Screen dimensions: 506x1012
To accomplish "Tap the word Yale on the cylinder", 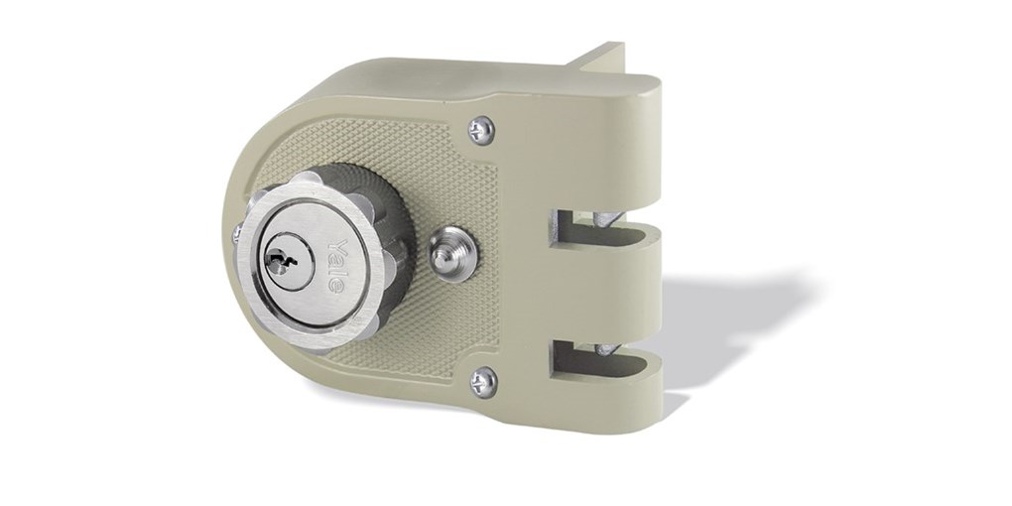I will [x=334, y=265].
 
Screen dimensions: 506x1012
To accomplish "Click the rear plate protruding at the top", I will [x=605, y=57].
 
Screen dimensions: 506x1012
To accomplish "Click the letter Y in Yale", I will [x=334, y=247].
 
